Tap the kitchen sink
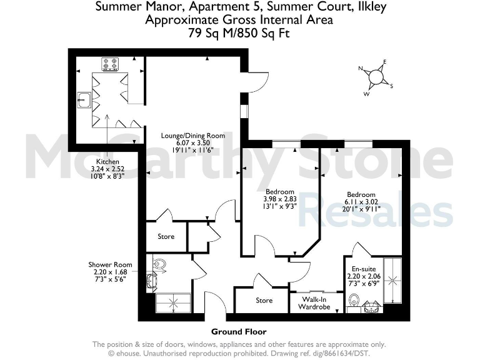coord(84,97)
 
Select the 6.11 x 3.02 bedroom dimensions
coord(360,202)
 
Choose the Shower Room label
coord(110,264)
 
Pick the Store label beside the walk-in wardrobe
coord(264,301)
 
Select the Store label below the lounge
coord(166,237)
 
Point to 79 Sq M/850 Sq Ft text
coord(239,32)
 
